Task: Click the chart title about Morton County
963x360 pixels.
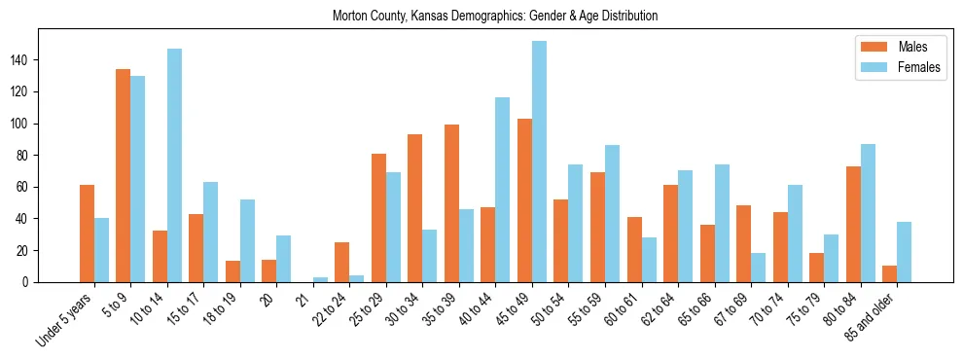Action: coord(495,17)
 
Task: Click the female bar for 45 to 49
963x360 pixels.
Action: coord(539,162)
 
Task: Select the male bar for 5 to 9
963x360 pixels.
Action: coord(124,176)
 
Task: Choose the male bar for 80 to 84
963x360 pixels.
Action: coord(853,224)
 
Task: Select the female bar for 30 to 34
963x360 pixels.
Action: coord(430,256)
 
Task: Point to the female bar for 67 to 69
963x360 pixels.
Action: coord(759,268)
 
